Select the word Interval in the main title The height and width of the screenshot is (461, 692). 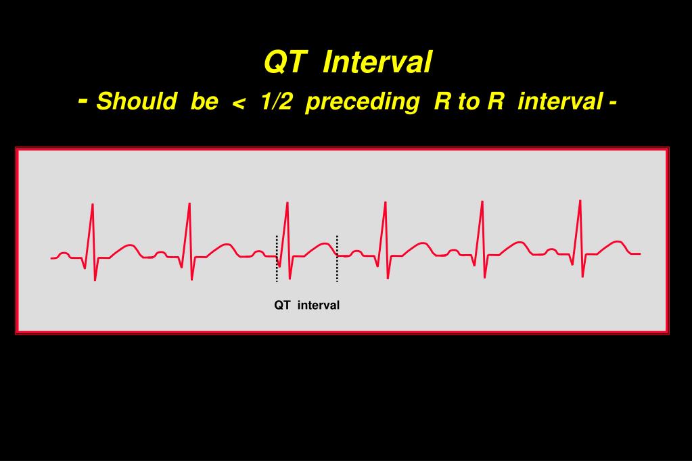(x=377, y=62)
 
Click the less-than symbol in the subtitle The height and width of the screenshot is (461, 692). (x=237, y=102)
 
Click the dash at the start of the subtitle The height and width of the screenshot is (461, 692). (x=83, y=100)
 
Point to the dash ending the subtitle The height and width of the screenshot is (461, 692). (x=612, y=103)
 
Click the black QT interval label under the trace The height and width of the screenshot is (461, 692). (x=306, y=306)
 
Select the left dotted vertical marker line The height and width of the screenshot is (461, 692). (x=277, y=258)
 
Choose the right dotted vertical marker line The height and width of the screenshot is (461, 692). (x=337, y=258)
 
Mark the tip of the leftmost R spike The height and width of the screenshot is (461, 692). (x=93, y=204)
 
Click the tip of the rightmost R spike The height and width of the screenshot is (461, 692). (x=580, y=201)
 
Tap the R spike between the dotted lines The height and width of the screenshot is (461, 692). (x=287, y=203)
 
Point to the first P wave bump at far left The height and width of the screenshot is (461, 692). (x=64, y=254)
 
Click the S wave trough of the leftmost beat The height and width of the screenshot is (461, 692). (x=95, y=279)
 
